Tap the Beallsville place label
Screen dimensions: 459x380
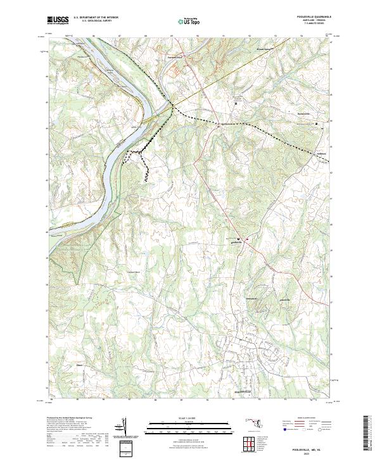(x=236, y=242)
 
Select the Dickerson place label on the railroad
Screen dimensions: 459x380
(x=227, y=123)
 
